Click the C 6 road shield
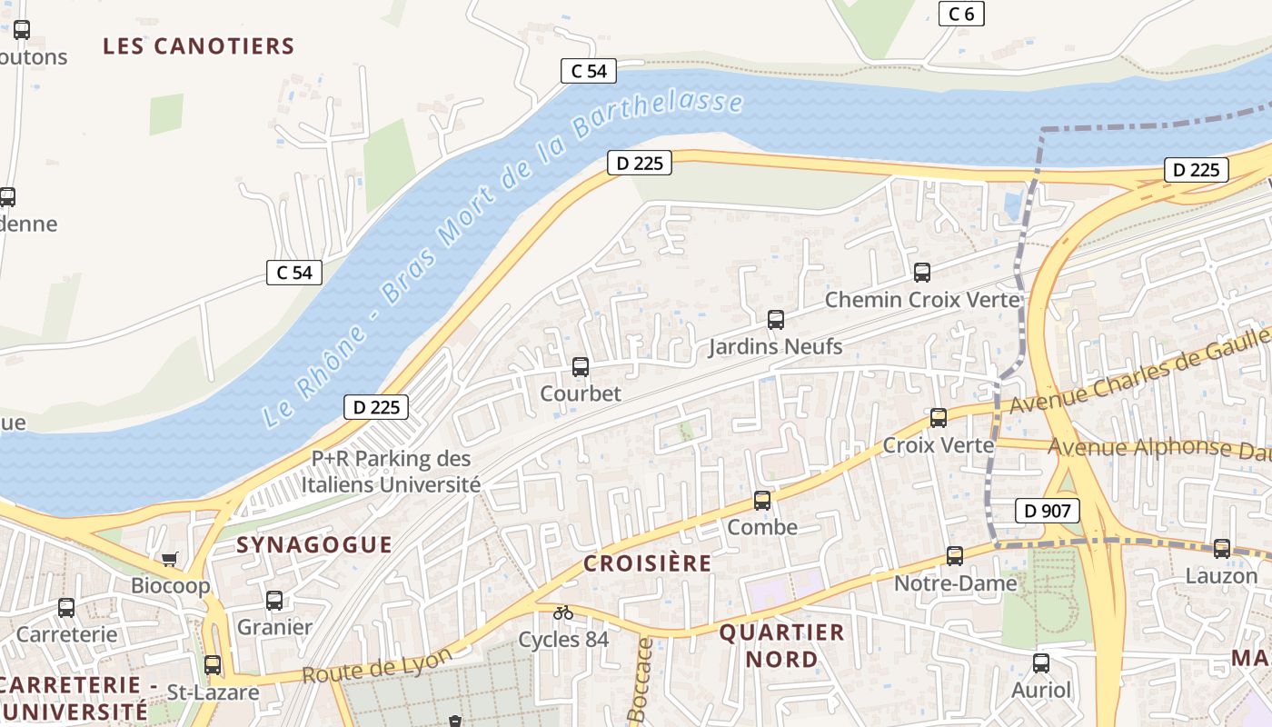click(960, 14)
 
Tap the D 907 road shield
click(1047, 511)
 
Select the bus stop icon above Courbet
click(581, 367)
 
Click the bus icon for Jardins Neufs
click(775, 320)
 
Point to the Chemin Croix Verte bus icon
click(921, 273)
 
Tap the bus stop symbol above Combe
click(762, 501)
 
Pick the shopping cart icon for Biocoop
click(169, 559)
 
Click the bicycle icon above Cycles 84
click(563, 612)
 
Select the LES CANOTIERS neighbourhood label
click(198, 46)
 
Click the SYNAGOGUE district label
click(314, 545)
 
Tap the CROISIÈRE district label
click(647, 563)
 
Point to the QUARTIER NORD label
click(781, 645)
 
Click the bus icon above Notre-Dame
click(954, 556)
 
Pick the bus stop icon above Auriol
click(1041, 663)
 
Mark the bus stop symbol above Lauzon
click(1221, 549)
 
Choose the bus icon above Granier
click(274, 601)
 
